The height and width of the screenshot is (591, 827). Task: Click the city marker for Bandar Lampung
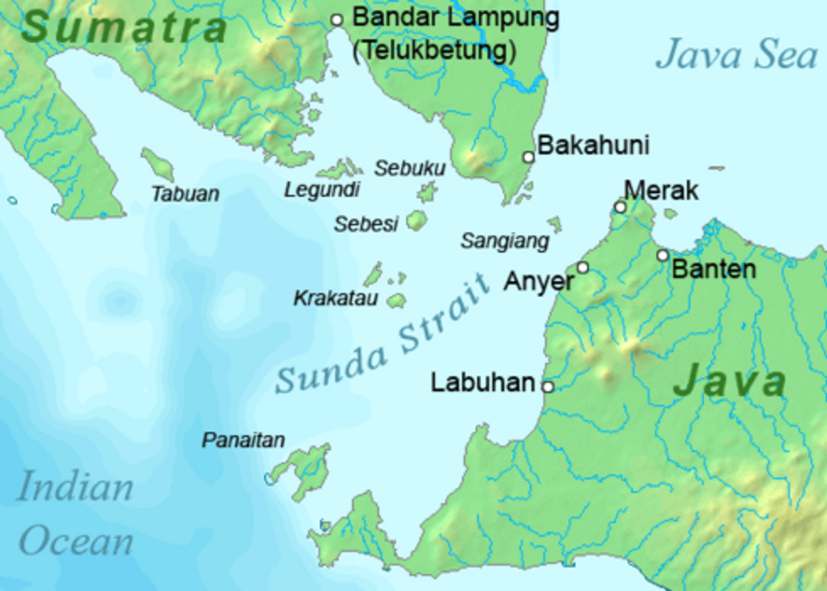coord(337,20)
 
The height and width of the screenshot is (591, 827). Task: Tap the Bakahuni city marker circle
coord(529,157)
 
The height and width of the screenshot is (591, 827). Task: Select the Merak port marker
coord(620,207)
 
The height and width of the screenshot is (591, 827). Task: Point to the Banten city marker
coord(663,255)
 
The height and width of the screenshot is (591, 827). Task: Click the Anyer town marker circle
coord(583,268)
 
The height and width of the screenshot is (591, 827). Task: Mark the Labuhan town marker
coord(548,387)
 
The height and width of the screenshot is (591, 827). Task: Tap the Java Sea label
coord(737,54)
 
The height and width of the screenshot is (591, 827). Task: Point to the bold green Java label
coord(729,381)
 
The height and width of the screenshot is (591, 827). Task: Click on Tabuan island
coord(158,165)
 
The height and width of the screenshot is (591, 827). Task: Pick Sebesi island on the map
coord(417,220)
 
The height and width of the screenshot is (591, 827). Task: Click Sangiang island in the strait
coord(555,224)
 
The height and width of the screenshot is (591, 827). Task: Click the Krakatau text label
coord(335,299)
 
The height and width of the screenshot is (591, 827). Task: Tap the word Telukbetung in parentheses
coord(434,50)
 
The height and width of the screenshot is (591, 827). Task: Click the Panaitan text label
coord(244,440)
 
